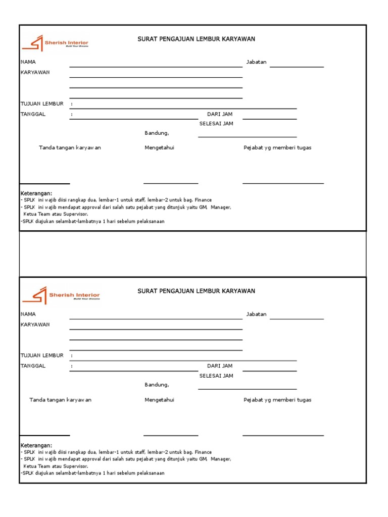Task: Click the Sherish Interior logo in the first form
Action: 54,43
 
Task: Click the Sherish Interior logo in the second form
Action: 66,295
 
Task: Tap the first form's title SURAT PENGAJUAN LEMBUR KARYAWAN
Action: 196,39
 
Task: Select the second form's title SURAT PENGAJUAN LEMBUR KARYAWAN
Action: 196,291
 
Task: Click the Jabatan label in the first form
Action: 256,62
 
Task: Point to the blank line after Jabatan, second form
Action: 297,319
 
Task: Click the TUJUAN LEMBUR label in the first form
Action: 42,104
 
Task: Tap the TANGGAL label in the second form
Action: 33,366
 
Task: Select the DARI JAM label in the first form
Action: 220,115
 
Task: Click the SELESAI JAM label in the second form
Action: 216,376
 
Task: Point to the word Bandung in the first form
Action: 156,133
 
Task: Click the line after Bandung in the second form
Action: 247,389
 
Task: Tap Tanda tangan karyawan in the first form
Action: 70,148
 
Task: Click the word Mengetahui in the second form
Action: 159,400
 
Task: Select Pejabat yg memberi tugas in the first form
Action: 277,148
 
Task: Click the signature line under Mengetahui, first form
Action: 171,184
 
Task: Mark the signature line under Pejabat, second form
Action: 283,435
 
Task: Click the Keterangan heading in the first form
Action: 36,194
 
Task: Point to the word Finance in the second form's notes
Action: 203,452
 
